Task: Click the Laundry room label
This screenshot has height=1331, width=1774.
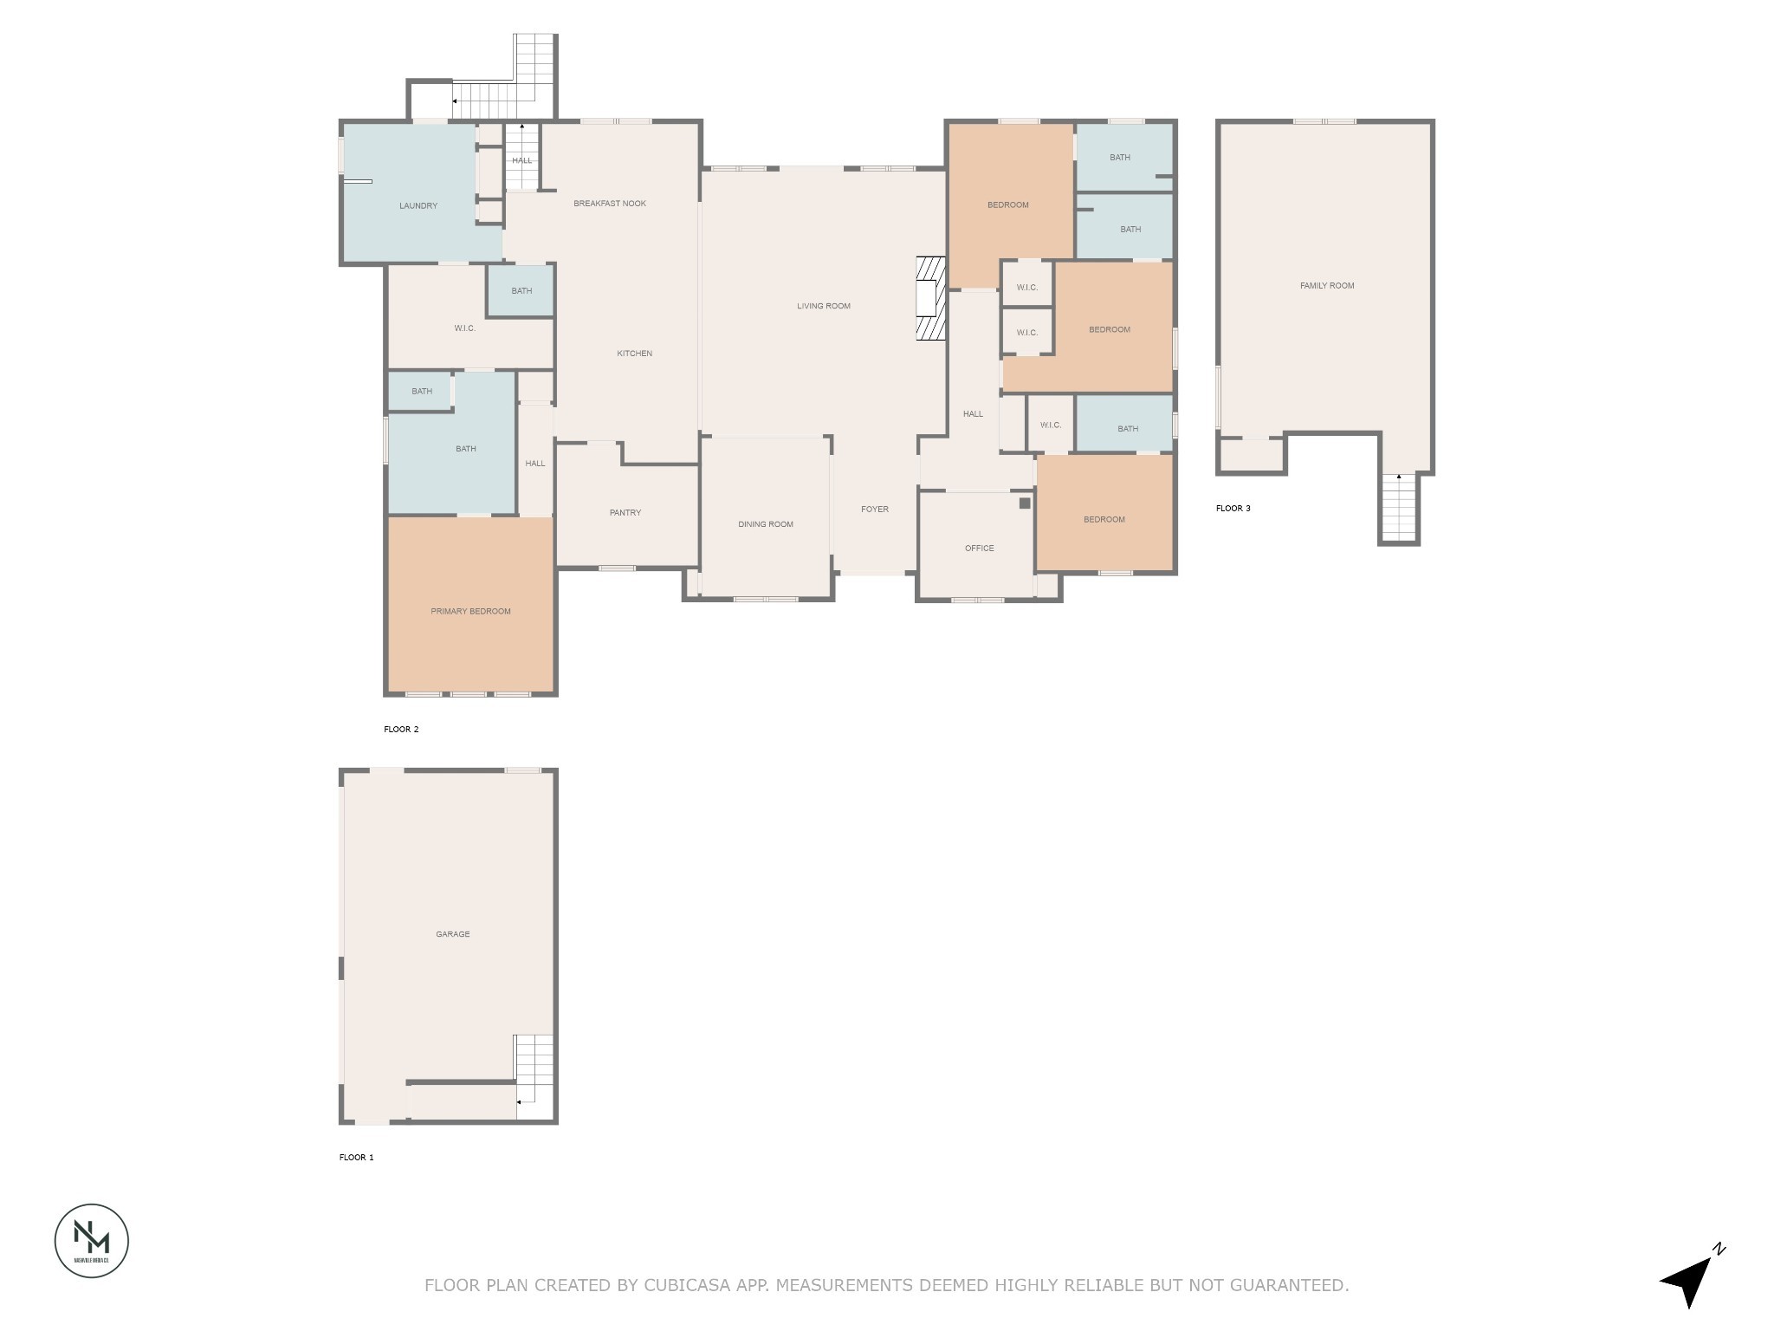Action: [x=418, y=206]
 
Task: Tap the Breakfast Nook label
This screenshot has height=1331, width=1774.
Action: [x=610, y=204]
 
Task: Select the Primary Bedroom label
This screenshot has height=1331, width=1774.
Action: [x=470, y=612]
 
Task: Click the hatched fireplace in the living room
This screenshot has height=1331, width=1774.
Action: [x=931, y=299]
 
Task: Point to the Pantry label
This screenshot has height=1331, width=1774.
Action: [x=625, y=513]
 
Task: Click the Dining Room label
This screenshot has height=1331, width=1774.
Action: [x=766, y=524]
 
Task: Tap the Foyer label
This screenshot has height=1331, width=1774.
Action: [x=875, y=510]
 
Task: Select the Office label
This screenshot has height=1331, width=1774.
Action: [x=980, y=549]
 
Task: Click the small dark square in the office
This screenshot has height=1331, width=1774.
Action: [x=1024, y=503]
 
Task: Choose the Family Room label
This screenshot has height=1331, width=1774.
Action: [x=1327, y=286]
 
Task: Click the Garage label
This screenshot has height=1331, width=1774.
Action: [x=453, y=934]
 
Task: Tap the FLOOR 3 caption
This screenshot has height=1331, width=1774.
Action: [x=1233, y=509]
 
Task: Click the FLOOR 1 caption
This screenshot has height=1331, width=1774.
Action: [x=357, y=1158]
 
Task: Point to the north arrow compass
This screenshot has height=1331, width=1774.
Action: [x=1690, y=1278]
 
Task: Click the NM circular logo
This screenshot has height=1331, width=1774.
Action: [x=92, y=1240]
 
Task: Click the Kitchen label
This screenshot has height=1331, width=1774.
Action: [x=634, y=354]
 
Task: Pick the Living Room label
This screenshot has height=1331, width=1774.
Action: [x=824, y=306]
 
